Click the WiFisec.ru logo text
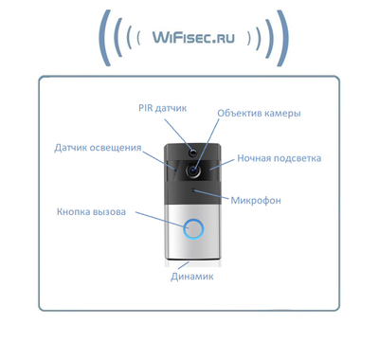pos(194,39)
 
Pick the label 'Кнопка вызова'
pos(90,211)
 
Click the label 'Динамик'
pos(193,278)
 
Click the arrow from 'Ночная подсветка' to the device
pos(222,164)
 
